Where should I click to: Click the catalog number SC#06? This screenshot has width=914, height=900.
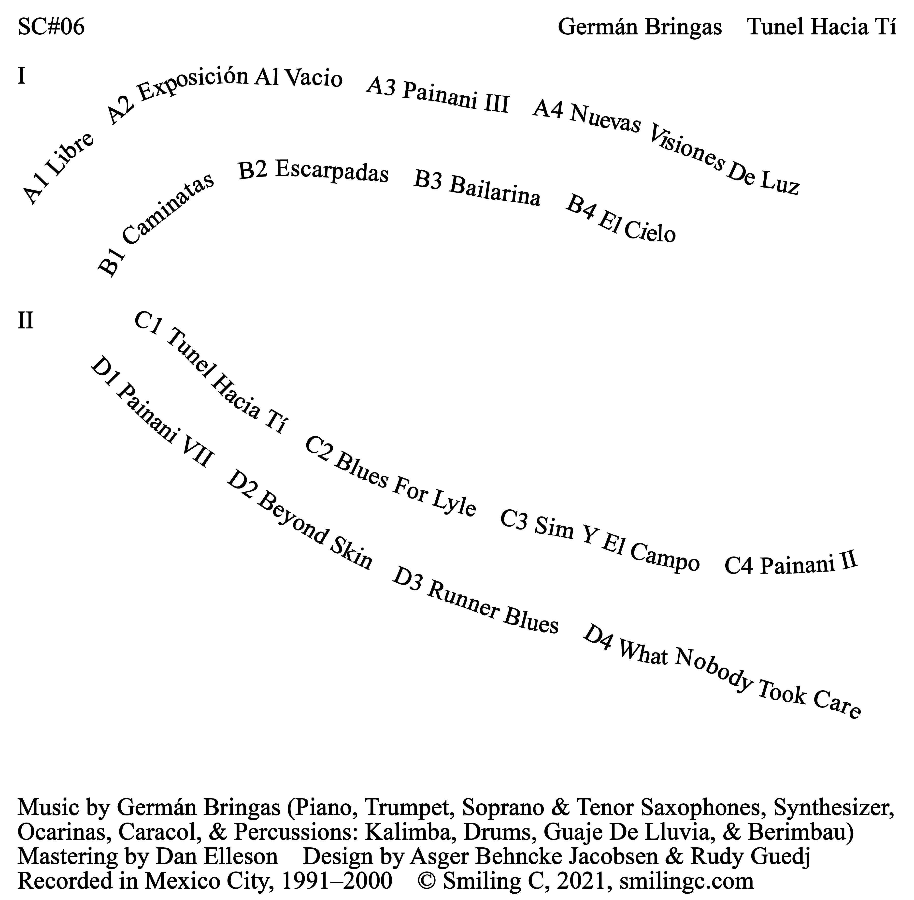pos(51,28)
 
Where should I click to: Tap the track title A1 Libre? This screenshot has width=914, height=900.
pos(58,169)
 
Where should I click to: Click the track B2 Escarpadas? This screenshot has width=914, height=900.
pos(313,171)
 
